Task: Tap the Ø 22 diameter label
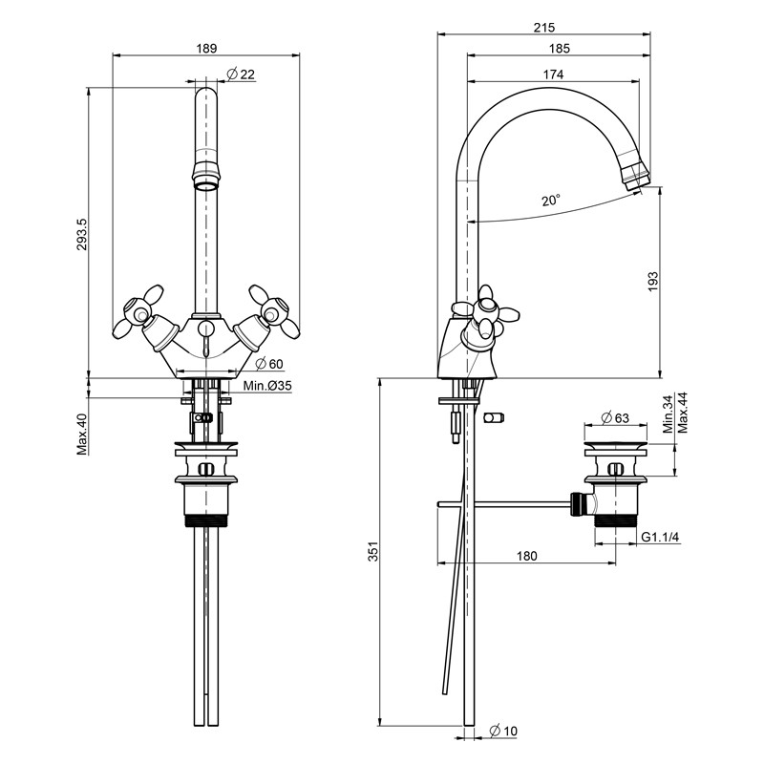pyautogui.click(x=241, y=75)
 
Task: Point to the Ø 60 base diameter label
pyautogui.click(x=270, y=364)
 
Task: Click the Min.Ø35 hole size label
pyautogui.click(x=266, y=386)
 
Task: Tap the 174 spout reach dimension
pyautogui.click(x=553, y=74)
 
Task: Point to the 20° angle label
pyautogui.click(x=551, y=201)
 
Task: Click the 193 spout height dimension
pyautogui.click(x=653, y=281)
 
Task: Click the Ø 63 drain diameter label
pyautogui.click(x=615, y=417)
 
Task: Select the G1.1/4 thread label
pyautogui.click(x=660, y=538)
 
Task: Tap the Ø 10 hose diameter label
pyautogui.click(x=503, y=731)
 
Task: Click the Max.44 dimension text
pyautogui.click(x=682, y=413)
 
